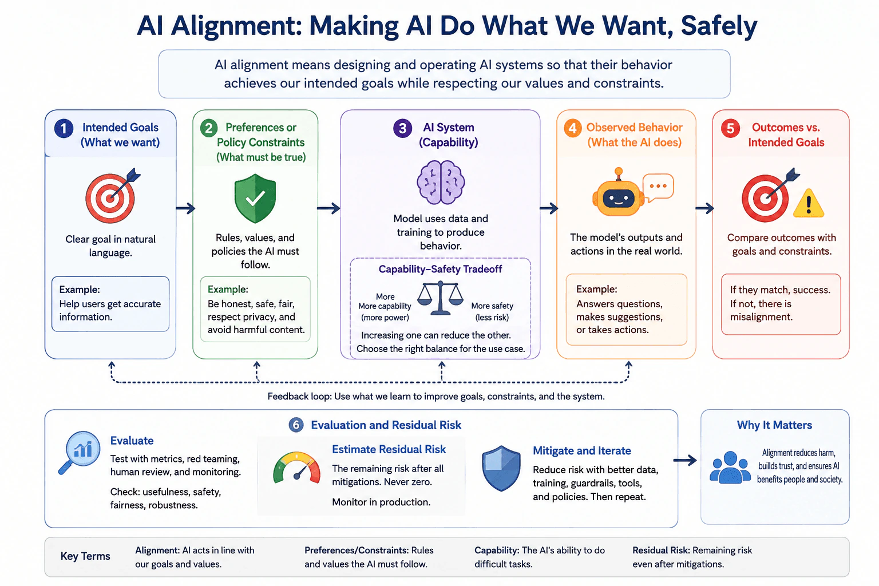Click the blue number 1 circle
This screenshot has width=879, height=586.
point(64,128)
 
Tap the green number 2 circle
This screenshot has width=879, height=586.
point(209,128)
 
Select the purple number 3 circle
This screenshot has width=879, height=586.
point(403,128)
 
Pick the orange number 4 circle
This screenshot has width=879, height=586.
point(572,128)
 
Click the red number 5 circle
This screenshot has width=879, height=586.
point(730,128)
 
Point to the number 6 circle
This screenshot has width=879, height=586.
point(296,425)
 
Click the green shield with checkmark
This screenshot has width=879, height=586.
point(255,199)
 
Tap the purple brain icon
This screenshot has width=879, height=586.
point(441,183)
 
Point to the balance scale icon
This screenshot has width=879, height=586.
point(440,298)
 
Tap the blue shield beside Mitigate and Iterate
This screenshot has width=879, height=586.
point(501,468)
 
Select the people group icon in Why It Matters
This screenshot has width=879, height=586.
point(730,467)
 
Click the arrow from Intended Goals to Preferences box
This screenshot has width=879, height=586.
point(185,208)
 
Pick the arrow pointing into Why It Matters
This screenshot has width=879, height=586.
point(685,460)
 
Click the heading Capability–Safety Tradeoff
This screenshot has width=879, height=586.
point(440,270)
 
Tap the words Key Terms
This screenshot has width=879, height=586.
point(85,556)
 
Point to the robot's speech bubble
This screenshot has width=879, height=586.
point(658,188)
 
